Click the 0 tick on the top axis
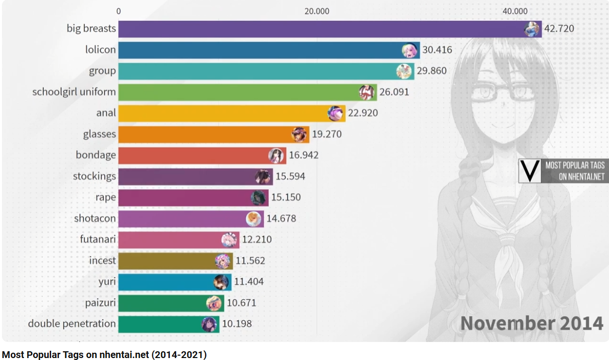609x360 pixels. tap(119, 11)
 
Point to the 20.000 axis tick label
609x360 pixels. tap(317, 11)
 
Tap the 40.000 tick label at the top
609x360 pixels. tap(515, 11)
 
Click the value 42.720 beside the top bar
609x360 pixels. tap(559, 29)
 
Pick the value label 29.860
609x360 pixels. tap(431, 71)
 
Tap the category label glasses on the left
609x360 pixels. tap(99, 134)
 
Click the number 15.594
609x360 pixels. tap(290, 176)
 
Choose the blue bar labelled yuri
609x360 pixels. tap(166, 282)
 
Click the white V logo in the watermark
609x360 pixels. tap(530, 171)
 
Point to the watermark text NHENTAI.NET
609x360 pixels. tap(581, 177)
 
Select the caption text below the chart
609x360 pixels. tap(104, 355)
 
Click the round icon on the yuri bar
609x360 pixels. tap(221, 282)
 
